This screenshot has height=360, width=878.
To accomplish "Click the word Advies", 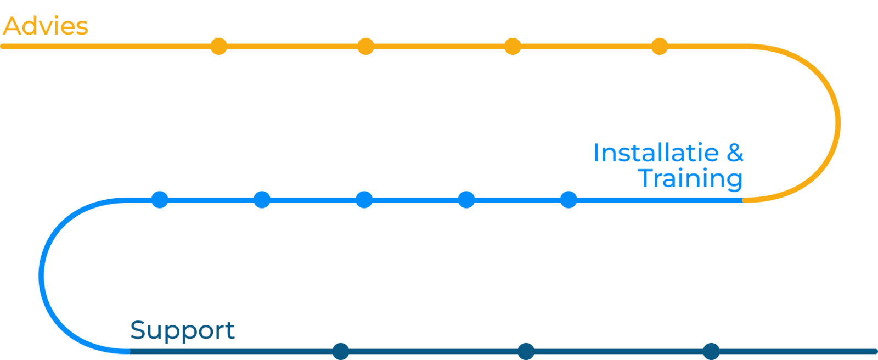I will pos(45,26).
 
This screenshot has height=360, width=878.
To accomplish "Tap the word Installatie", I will pos(655,153).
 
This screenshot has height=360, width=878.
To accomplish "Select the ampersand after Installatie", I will pos(735,153).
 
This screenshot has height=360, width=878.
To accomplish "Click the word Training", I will pos(691,179).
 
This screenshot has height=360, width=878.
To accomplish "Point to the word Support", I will pos(182,331).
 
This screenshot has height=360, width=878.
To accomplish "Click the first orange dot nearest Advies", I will pos(219,47).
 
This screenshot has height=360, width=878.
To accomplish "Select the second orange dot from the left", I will pos(366,47).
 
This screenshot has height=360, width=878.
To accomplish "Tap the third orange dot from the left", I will pos(513,47).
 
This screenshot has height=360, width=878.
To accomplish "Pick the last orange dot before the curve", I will pos(660,47).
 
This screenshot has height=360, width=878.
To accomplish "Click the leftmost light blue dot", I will pos(160,200).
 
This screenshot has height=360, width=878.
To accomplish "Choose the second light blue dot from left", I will pos(262,200).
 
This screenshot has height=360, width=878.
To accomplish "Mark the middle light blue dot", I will pos(364,200).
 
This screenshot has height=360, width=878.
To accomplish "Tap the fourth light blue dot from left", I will pos(466,200).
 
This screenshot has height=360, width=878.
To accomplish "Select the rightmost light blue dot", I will pos(569,200).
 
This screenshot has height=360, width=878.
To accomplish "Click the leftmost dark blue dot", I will pos(341,351).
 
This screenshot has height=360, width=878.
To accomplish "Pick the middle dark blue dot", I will pos(526,351).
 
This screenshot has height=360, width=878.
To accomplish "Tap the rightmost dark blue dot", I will pos(711,351).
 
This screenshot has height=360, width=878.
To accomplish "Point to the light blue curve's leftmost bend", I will pos(41,276).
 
